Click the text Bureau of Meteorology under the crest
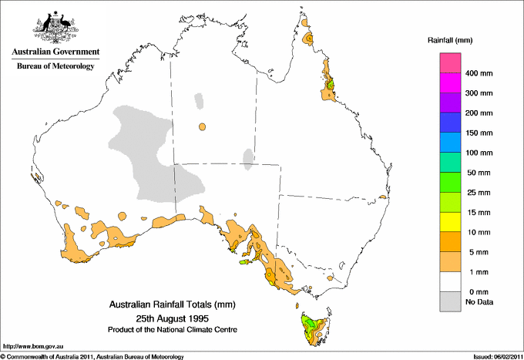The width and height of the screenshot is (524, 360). click(55, 66)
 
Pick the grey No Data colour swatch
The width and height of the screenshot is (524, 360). click(449, 303)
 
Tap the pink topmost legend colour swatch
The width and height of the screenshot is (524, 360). click(449, 62)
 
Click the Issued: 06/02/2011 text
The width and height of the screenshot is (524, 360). click(492, 356)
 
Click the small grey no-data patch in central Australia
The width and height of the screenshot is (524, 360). click(248, 158)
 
